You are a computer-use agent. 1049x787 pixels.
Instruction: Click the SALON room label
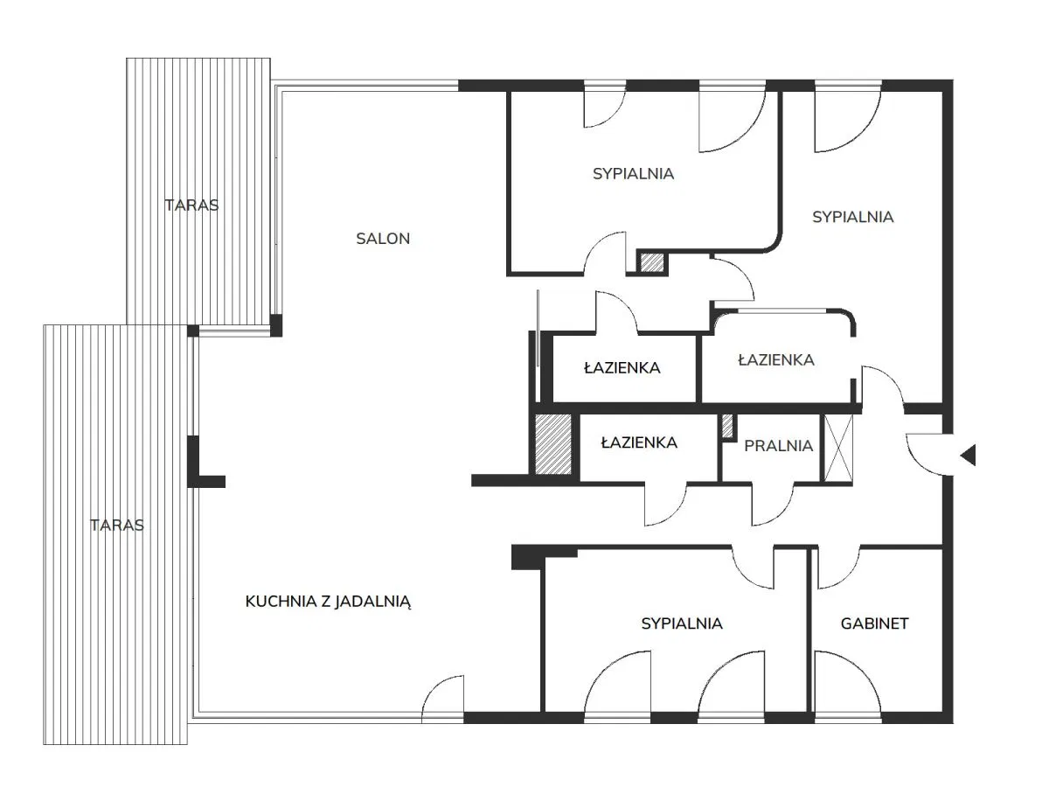pos(383,239)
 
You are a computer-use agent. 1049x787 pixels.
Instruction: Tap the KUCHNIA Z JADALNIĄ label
pos(328,602)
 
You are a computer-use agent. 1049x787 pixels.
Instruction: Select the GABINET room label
pos(874,623)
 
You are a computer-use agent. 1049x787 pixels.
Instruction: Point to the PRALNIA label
pos(778,446)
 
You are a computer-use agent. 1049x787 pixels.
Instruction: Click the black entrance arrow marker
pos(968,455)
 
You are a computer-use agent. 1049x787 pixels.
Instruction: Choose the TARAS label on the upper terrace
pos(191,205)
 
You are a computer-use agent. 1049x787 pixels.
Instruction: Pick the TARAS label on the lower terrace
pos(117,526)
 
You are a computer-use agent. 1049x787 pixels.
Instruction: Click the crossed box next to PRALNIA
pos(838,449)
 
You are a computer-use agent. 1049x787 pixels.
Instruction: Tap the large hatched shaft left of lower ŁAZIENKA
pos(553,444)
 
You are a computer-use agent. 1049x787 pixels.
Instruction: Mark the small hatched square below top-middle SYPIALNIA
pos(652,263)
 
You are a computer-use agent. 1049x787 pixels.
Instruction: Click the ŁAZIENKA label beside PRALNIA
pos(639,442)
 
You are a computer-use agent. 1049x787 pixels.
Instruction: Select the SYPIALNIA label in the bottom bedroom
pos(682,623)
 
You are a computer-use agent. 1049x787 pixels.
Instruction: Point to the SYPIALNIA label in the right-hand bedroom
pos(852,217)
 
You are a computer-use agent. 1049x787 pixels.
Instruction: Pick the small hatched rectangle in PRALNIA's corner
pos(727,426)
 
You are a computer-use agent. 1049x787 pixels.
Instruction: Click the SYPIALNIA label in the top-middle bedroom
pos(633,174)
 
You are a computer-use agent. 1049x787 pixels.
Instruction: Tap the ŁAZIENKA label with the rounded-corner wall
pos(776,359)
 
